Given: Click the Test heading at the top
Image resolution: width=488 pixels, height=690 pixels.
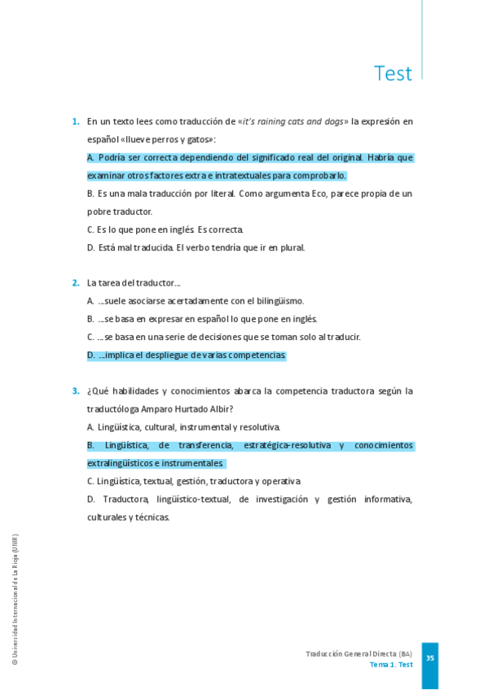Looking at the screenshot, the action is pyautogui.click(x=393, y=74).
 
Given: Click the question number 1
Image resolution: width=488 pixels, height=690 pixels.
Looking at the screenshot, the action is pyautogui.click(x=76, y=121).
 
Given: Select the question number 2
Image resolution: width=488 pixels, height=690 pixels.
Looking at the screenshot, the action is pyautogui.click(x=76, y=283).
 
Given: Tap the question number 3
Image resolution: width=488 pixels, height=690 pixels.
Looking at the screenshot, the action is pyautogui.click(x=76, y=391).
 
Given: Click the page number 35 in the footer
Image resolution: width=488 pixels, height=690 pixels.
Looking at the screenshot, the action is pyautogui.click(x=429, y=657).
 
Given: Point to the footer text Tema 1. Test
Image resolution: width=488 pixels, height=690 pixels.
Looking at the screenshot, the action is pyautogui.click(x=390, y=665).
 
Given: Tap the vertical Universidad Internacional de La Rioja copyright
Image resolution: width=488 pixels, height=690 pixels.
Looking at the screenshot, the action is pyautogui.click(x=15, y=600).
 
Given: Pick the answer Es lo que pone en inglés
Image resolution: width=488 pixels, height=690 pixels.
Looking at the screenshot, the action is pyautogui.click(x=165, y=229).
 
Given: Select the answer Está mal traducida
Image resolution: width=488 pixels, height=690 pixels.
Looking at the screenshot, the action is pyautogui.click(x=196, y=247).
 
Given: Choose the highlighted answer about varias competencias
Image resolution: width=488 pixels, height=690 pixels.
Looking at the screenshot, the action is pyautogui.click(x=187, y=356).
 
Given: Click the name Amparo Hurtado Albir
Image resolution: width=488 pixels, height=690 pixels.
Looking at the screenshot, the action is pyautogui.click(x=187, y=409).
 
